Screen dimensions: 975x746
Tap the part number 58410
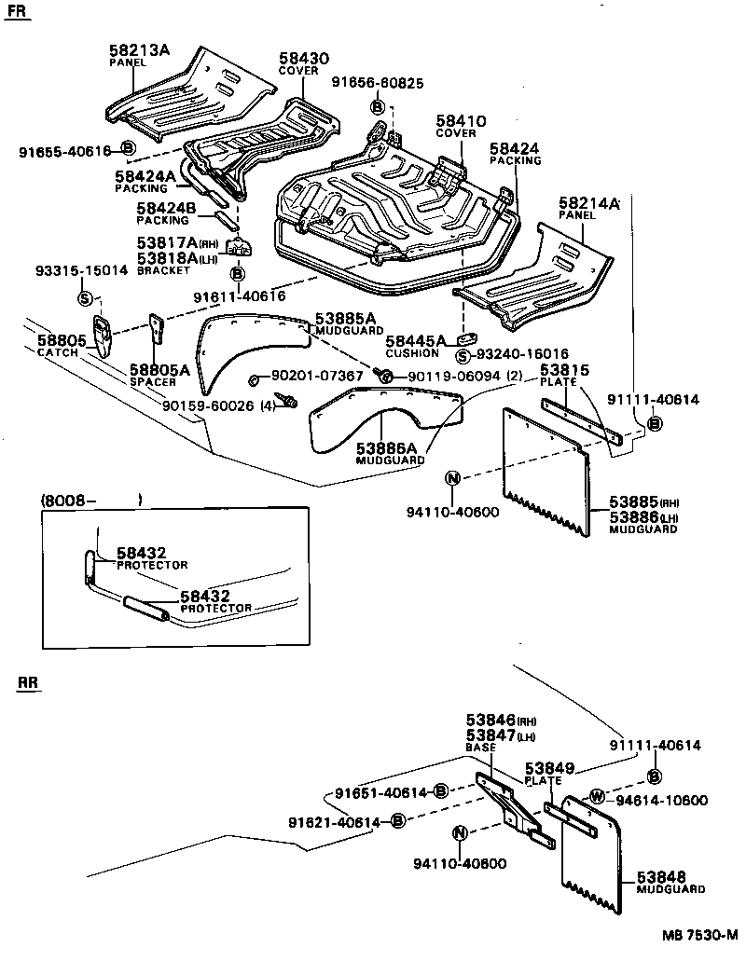461,120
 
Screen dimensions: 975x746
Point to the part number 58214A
589,202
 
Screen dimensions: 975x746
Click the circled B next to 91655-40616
129,149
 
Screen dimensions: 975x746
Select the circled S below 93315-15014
85,298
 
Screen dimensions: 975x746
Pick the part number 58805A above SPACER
159,370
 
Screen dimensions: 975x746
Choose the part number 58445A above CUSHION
416,342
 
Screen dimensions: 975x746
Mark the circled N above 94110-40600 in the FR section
452,478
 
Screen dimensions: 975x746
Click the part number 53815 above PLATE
562,370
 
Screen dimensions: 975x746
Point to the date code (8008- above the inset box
70,501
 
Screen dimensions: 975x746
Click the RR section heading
29,684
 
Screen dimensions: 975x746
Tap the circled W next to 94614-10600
596,797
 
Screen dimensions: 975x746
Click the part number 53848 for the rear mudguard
661,877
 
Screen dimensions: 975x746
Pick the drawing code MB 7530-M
700,935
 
